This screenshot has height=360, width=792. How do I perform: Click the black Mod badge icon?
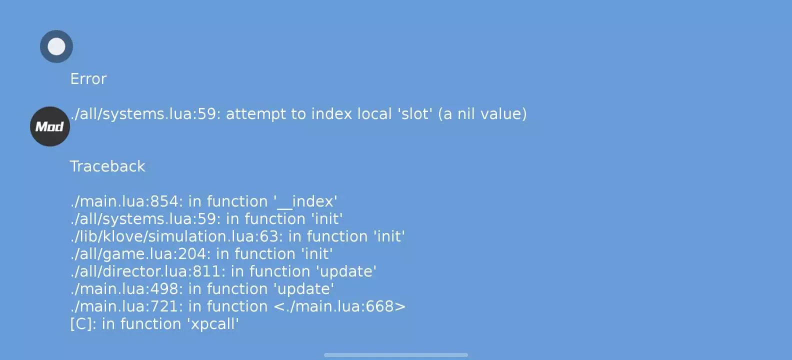pyautogui.click(x=50, y=126)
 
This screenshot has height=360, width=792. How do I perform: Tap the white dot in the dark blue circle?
pyautogui.click(x=56, y=46)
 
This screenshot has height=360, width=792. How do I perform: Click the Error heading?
pyautogui.click(x=88, y=79)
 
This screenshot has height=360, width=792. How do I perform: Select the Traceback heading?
pyautogui.click(x=107, y=166)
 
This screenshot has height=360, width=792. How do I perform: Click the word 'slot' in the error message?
pyautogui.click(x=415, y=114)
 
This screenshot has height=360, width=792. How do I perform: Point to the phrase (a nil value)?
pyautogui.click(x=482, y=114)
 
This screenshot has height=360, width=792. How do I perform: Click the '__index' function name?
pyautogui.click(x=305, y=201)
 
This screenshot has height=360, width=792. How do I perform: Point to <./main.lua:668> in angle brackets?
pyautogui.click(x=340, y=306)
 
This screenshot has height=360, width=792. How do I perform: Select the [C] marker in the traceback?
pyautogui.click(x=81, y=324)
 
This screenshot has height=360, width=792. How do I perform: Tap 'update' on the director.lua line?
pyautogui.click(x=346, y=271)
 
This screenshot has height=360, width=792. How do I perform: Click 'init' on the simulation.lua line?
pyautogui.click(x=389, y=236)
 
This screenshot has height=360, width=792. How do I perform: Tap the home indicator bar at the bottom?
pyautogui.click(x=396, y=354)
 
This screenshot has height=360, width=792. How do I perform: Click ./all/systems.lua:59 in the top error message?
pyautogui.click(x=143, y=114)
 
